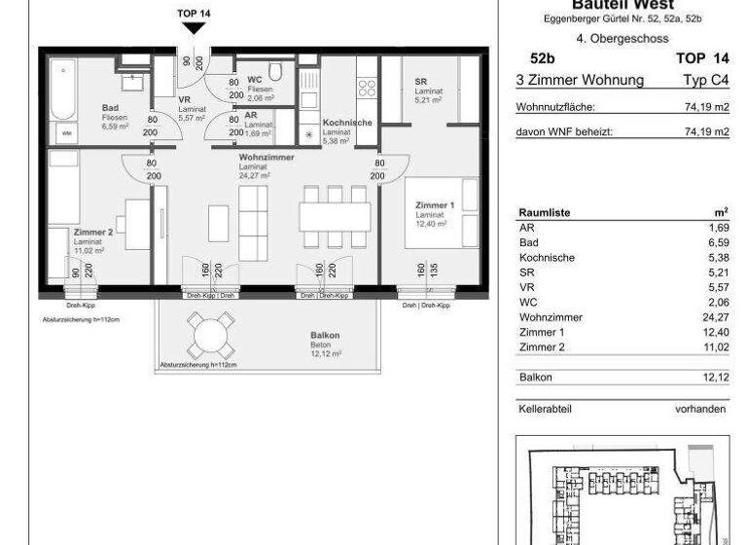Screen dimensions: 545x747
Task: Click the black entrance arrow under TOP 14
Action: point(195,29)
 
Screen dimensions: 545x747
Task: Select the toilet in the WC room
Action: point(276,71)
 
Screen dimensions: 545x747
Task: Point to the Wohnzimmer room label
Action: point(266,157)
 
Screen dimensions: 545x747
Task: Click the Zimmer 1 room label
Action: point(435,206)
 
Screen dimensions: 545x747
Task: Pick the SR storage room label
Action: point(420,82)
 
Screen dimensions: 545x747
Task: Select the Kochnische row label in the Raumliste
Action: point(547,258)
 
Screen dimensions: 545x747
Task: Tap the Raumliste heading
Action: point(545,212)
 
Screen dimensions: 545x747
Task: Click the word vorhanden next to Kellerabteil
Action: point(700,410)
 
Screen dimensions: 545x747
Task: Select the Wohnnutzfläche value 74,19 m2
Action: point(706,108)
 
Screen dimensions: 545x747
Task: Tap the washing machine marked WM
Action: point(66,131)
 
